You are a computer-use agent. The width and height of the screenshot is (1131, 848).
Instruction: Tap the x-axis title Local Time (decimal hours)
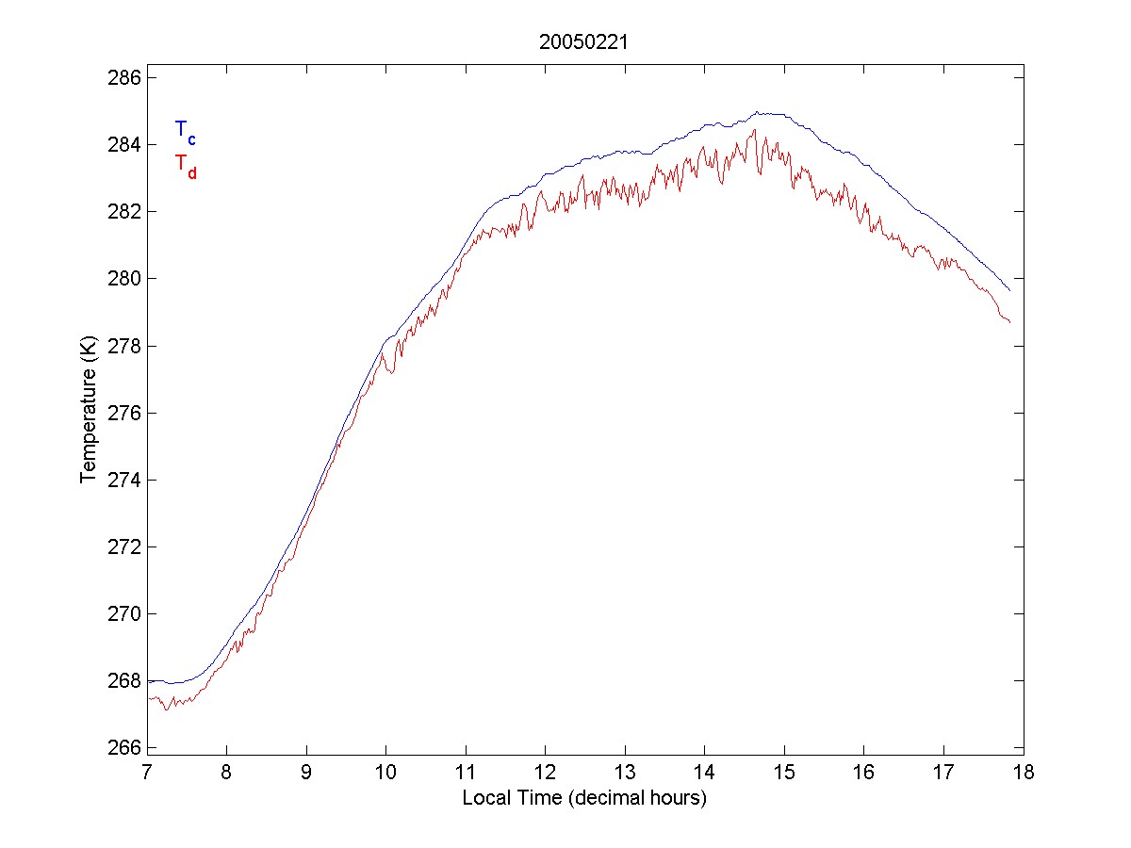tap(584, 798)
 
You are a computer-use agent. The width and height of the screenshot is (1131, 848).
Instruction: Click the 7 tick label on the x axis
tap(148, 773)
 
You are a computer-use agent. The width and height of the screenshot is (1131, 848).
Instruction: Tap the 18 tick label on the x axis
tap(1024, 773)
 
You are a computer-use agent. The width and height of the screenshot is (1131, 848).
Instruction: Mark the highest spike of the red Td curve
tap(755, 131)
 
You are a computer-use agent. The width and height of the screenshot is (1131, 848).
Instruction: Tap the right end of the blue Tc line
tap(1009, 290)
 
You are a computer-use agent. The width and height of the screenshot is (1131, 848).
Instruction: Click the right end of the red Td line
tap(1009, 322)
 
